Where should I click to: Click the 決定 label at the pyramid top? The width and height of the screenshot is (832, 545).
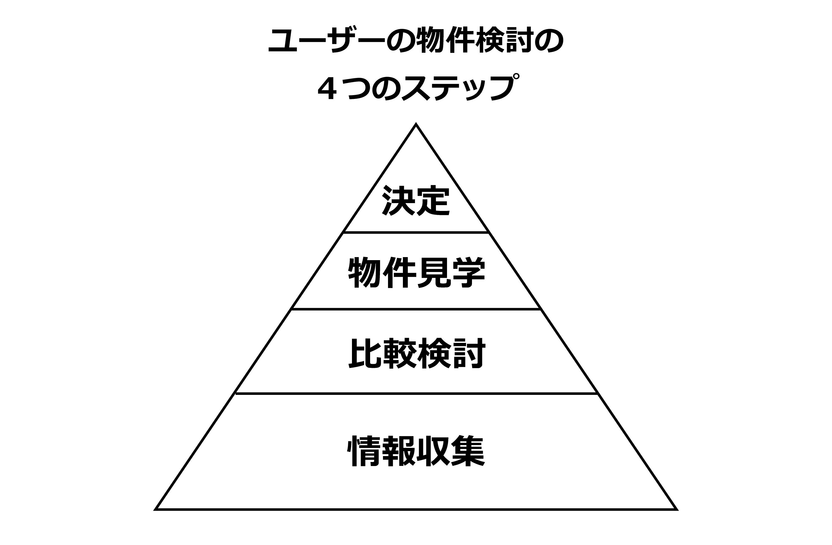click(416, 200)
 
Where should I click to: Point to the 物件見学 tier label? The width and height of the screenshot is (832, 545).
click(416, 272)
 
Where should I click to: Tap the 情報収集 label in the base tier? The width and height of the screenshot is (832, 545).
click(416, 451)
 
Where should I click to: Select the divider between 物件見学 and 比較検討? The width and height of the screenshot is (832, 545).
click(416, 309)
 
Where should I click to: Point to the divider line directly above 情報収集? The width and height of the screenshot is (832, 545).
click(416, 394)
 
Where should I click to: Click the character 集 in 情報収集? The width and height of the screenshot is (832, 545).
click(468, 451)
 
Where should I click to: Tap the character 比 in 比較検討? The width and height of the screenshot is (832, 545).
click(365, 353)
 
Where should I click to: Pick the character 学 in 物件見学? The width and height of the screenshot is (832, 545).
click(468, 272)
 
